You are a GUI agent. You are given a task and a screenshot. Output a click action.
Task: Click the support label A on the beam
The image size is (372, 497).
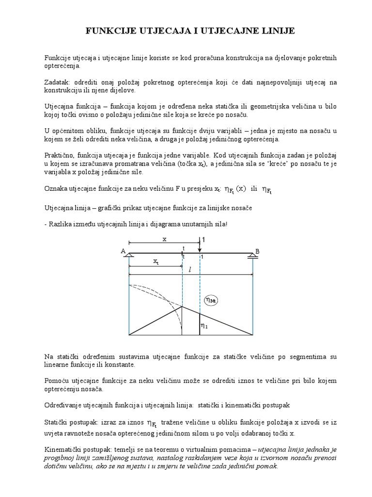[123, 250]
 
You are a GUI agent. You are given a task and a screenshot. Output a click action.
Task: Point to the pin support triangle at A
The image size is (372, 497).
[129, 256]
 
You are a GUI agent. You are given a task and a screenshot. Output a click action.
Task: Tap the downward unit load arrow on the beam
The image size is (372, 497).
[200, 245]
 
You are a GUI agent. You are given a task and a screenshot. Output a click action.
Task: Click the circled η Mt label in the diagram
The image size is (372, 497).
[212, 300]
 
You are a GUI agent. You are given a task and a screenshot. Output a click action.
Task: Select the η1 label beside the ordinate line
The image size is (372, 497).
[205, 327]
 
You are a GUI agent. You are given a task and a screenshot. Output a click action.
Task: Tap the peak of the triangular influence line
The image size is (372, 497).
[182, 306]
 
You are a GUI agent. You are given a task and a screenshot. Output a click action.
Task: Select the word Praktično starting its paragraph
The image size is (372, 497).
[58, 154]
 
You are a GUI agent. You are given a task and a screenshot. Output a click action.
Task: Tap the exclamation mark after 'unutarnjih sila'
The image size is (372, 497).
[226, 223]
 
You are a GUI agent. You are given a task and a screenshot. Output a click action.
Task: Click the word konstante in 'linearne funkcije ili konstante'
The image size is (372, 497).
[121, 364]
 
